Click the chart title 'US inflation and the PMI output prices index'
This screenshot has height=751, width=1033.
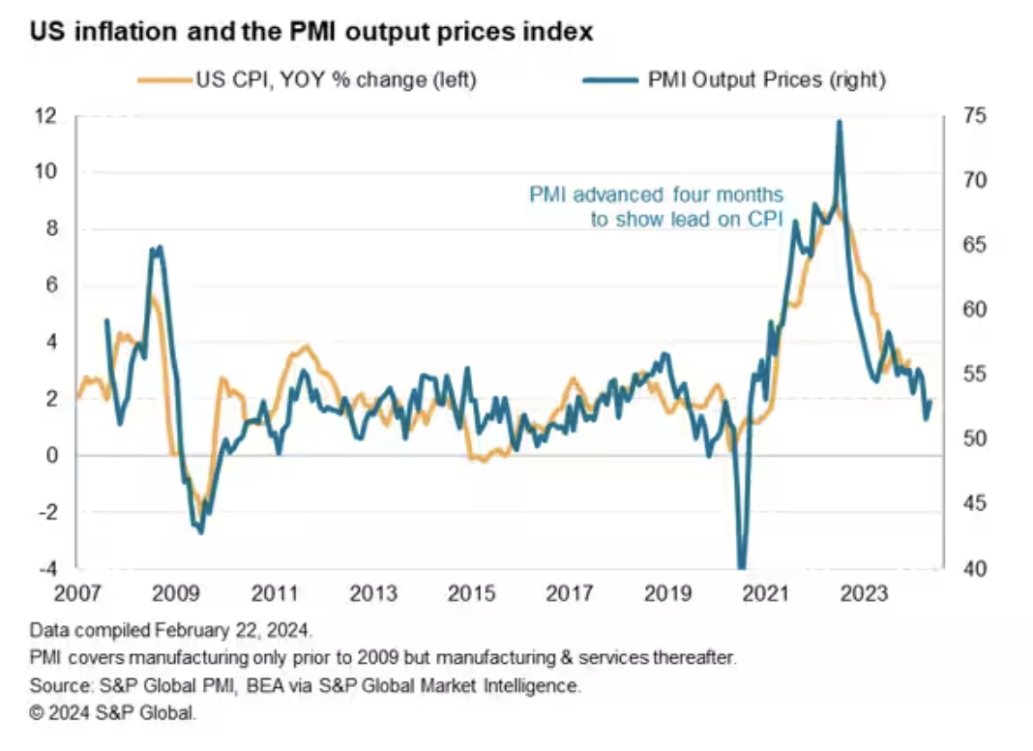click(310, 33)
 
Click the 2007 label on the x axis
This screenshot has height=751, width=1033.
click(77, 593)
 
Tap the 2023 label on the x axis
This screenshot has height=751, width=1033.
click(864, 593)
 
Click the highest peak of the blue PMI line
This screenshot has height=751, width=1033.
click(840, 122)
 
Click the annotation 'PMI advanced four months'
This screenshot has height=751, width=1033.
click(656, 195)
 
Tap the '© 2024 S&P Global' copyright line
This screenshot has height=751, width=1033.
click(113, 715)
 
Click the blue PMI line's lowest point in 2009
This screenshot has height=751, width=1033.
click(200, 531)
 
